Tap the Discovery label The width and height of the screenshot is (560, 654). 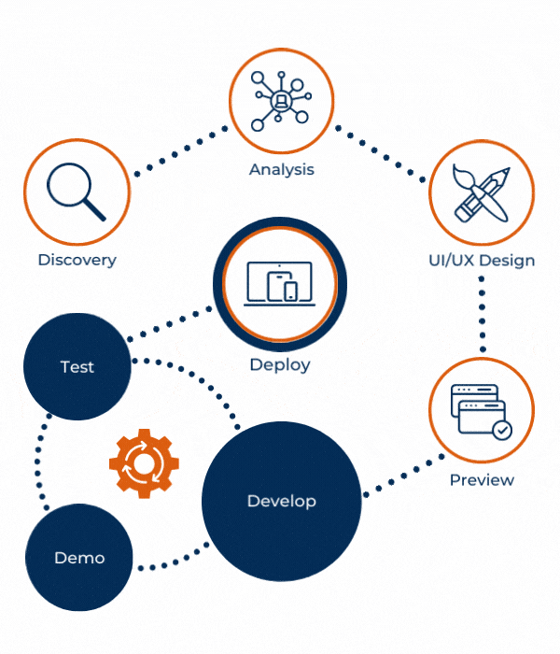click(x=77, y=260)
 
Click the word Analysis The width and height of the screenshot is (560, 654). click(x=281, y=169)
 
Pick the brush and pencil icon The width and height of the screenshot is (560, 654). click(x=482, y=193)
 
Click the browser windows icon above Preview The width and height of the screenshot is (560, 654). click(x=481, y=410)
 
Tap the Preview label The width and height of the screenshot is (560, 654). click(x=482, y=479)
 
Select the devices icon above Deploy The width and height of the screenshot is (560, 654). click(x=279, y=281)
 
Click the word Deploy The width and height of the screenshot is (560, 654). click(x=279, y=364)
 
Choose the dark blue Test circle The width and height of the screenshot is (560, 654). click(x=77, y=367)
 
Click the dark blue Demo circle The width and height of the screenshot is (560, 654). click(x=79, y=558)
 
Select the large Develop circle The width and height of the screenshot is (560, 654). click(x=281, y=501)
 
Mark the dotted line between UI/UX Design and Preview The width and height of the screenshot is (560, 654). click(x=483, y=313)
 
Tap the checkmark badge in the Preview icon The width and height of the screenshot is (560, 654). click(x=502, y=430)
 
